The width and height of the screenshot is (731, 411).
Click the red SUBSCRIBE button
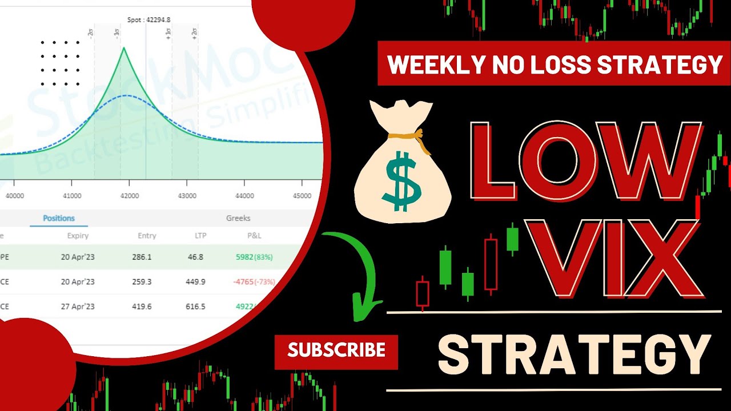(x=336, y=349)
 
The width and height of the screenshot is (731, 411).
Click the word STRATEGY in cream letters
(x=574, y=354)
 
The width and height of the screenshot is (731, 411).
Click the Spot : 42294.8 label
(x=148, y=20)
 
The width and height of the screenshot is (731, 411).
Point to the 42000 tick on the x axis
(x=129, y=196)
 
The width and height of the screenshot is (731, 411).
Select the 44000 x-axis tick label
(x=244, y=196)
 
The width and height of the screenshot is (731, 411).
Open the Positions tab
(x=59, y=218)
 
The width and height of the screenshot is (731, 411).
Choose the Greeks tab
(x=238, y=218)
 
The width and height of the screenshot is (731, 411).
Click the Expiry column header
(x=78, y=235)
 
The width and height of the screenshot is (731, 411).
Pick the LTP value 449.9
(x=195, y=281)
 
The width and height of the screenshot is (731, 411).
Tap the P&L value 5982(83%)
(x=254, y=257)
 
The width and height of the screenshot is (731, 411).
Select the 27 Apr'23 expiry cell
(x=78, y=306)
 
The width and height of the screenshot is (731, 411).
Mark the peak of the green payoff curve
(x=123, y=48)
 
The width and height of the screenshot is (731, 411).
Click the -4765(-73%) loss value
(x=254, y=281)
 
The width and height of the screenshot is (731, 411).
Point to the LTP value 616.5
(x=195, y=306)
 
